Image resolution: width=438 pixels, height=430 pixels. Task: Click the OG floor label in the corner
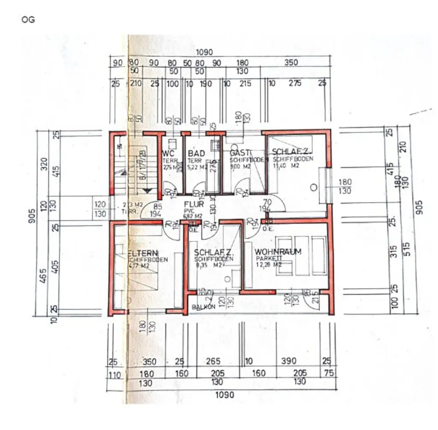click(x=28, y=20)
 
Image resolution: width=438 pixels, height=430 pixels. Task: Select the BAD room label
click(x=196, y=153)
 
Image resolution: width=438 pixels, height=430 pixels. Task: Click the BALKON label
click(x=202, y=307)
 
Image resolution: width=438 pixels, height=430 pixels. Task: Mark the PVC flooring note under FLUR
click(x=188, y=211)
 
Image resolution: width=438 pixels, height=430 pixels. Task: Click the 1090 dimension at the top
click(x=204, y=53)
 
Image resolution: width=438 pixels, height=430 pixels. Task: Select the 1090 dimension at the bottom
click(x=225, y=395)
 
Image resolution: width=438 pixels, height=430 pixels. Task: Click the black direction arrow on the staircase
click(x=147, y=191)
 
